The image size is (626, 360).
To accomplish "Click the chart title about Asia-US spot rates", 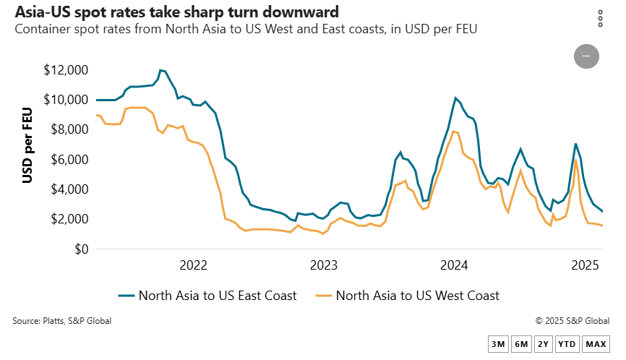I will coord(176,12).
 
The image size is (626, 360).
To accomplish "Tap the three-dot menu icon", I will coord(600,19).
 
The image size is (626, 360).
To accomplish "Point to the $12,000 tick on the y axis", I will coord(65,70).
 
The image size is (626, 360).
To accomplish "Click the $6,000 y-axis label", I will coord(69,160).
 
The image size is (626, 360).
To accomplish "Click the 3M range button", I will coord(498,344).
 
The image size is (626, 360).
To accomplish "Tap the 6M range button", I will coord(520,344).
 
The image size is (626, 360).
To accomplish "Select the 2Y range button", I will coord(543,344).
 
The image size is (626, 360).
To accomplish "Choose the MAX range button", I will coord(596,344).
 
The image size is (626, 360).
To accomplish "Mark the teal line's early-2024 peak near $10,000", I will coord(455,98).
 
